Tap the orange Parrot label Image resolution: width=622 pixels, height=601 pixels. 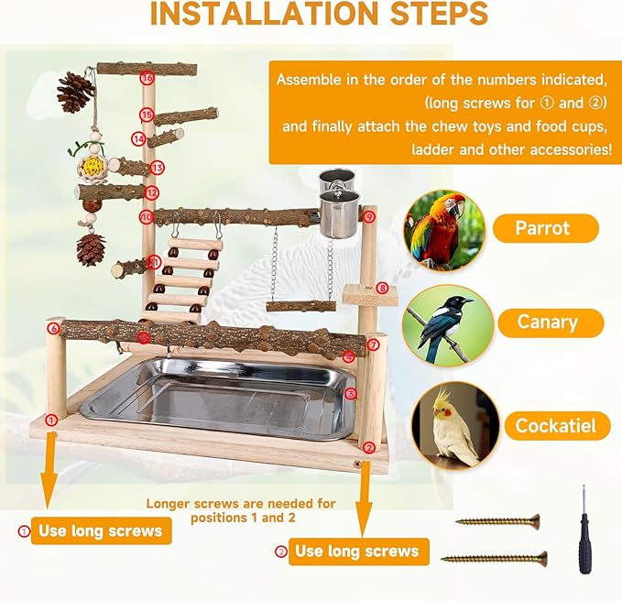click(545, 228)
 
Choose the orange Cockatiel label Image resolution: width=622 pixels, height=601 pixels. click(555, 425)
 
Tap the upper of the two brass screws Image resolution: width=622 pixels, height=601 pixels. click(497, 521)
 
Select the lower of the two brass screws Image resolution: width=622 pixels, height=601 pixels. click(494, 558)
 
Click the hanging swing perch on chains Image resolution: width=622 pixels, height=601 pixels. click(300, 305)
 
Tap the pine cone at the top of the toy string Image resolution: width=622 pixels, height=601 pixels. click(75, 93)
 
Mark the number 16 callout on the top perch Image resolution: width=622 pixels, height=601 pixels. click(147, 78)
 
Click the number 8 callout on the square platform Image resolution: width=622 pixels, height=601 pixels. click(383, 288)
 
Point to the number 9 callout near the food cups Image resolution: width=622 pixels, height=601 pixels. click(368, 217)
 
